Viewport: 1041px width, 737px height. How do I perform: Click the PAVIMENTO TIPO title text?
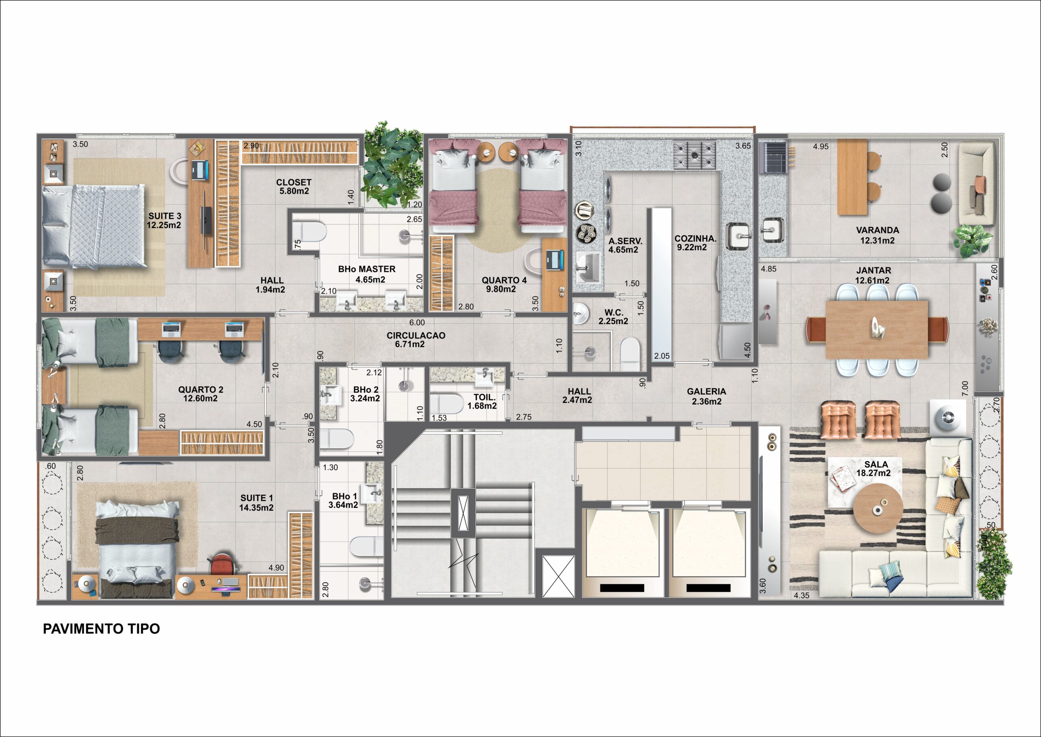click(101, 628)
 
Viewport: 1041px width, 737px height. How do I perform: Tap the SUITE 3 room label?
click(164, 221)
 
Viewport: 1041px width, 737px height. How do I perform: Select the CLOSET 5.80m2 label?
click(294, 186)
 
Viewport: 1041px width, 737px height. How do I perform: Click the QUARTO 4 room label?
click(504, 284)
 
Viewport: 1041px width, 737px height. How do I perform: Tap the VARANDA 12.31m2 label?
click(877, 235)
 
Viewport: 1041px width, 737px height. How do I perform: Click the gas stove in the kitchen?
click(695, 155)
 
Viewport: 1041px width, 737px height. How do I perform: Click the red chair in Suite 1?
click(222, 563)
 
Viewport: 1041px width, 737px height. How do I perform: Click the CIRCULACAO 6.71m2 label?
click(416, 339)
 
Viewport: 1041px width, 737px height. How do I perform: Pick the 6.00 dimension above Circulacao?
click(417, 323)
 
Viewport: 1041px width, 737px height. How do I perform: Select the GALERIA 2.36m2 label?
click(706, 396)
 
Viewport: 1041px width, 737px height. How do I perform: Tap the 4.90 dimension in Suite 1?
click(276, 568)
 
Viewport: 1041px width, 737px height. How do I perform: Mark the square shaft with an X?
click(559, 576)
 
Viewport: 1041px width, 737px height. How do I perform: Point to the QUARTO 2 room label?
click(200, 394)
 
